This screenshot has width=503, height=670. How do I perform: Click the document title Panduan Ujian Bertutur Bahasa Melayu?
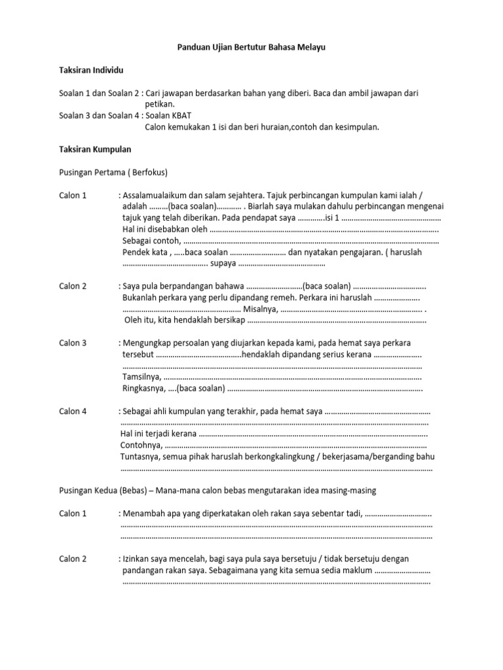click(251, 48)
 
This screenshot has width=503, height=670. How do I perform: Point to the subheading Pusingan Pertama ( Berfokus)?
click(113, 173)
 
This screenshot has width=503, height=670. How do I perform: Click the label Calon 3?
click(73, 343)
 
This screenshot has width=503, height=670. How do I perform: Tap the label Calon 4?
click(73, 411)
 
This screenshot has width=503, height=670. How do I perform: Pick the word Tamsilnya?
click(141, 377)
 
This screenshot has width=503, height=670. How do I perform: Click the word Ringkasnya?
click(143, 388)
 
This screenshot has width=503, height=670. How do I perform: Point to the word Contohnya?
click(141, 445)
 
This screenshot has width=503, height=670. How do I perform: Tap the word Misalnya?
click(260, 309)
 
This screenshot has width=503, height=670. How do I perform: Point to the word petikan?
click(160, 104)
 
